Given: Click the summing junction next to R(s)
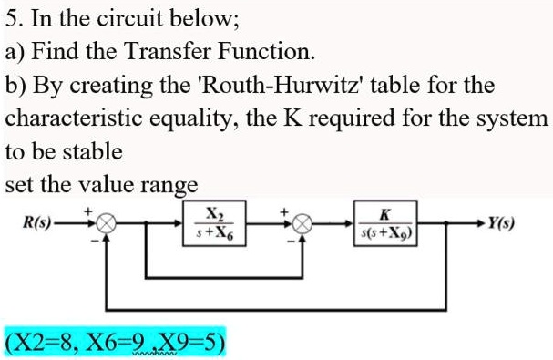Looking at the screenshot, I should click(108, 222).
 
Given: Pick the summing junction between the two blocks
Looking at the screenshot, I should click(307, 222).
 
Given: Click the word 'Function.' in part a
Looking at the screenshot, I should click(273, 51).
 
